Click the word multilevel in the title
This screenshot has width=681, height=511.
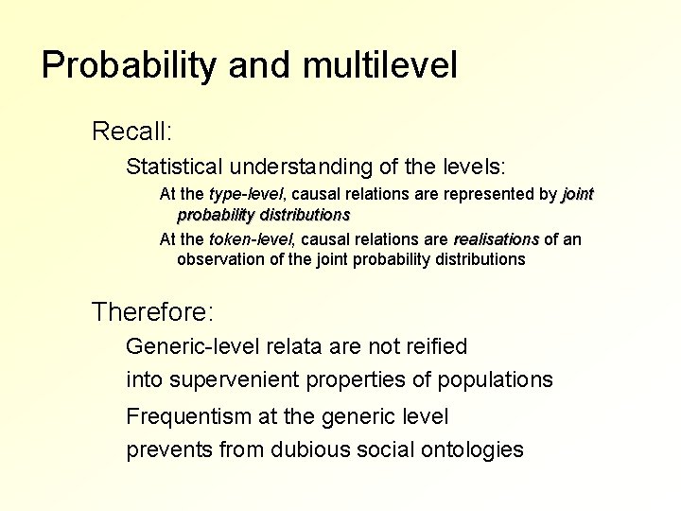(x=380, y=65)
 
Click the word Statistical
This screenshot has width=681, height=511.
(x=174, y=167)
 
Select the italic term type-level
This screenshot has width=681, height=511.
(x=236, y=195)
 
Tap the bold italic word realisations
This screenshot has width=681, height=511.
(x=496, y=239)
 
